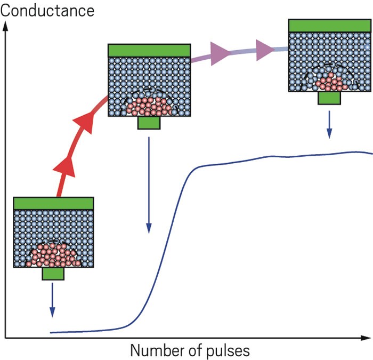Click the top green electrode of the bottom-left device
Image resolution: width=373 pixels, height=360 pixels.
pos(53,203)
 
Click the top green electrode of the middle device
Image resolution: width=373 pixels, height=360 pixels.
pos(149,51)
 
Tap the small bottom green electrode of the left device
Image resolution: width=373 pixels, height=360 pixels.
pos(53,274)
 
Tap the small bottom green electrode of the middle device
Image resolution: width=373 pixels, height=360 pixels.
pos(149,123)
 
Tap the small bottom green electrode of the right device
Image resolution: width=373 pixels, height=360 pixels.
pos(329,98)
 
